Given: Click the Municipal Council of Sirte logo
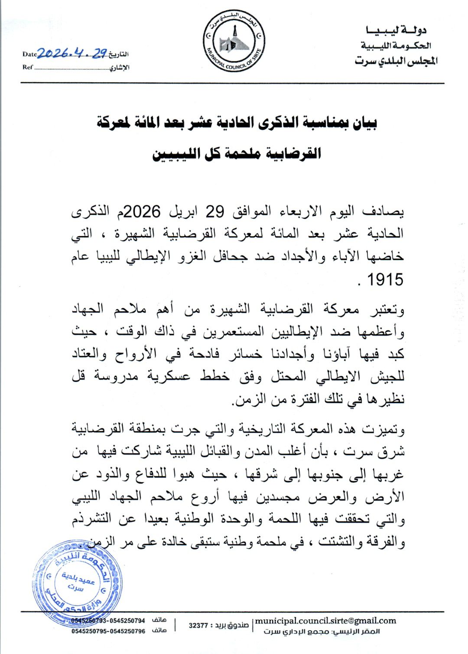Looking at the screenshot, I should (234, 42).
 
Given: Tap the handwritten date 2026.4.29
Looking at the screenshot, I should (72, 53).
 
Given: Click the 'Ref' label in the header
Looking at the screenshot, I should (28, 67).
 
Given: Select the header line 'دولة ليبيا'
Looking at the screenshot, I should (396, 30).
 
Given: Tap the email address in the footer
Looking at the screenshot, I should (325, 621).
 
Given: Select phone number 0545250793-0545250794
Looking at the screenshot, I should (108, 621).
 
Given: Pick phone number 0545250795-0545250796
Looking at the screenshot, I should (108, 631).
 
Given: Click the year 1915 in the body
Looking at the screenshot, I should (385, 279).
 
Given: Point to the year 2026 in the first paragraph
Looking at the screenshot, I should (143, 212).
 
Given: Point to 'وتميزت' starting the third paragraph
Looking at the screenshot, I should (387, 430).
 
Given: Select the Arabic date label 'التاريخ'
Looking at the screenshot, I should (119, 55).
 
